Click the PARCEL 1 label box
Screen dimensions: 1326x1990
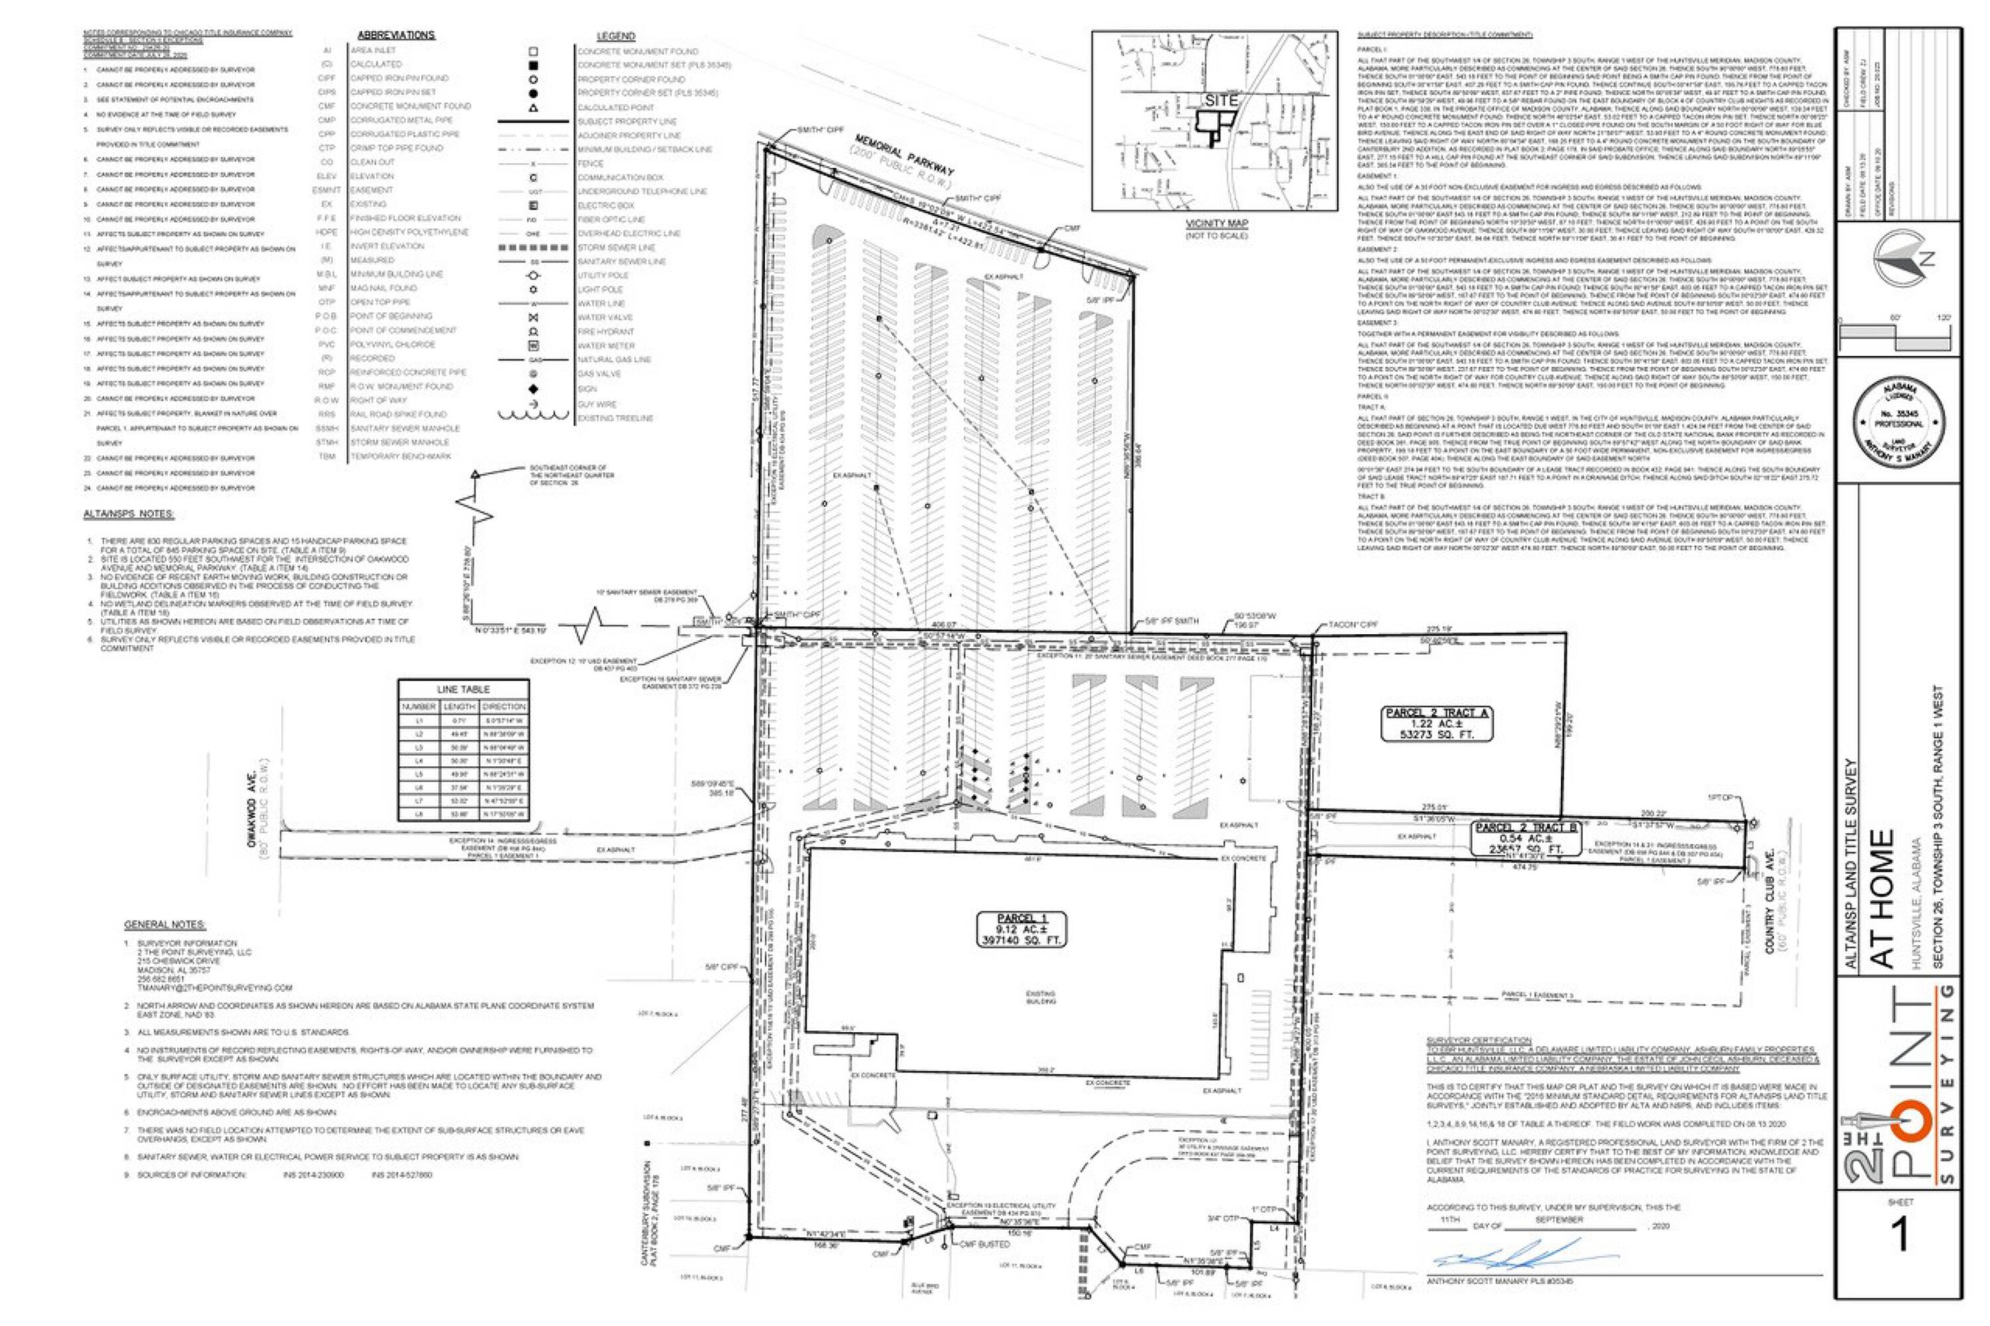point(1021,929)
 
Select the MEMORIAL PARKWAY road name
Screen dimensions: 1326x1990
point(904,156)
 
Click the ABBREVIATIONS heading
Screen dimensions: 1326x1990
point(396,36)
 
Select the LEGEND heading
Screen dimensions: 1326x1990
point(615,36)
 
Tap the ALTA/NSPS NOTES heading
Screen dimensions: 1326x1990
point(129,514)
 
